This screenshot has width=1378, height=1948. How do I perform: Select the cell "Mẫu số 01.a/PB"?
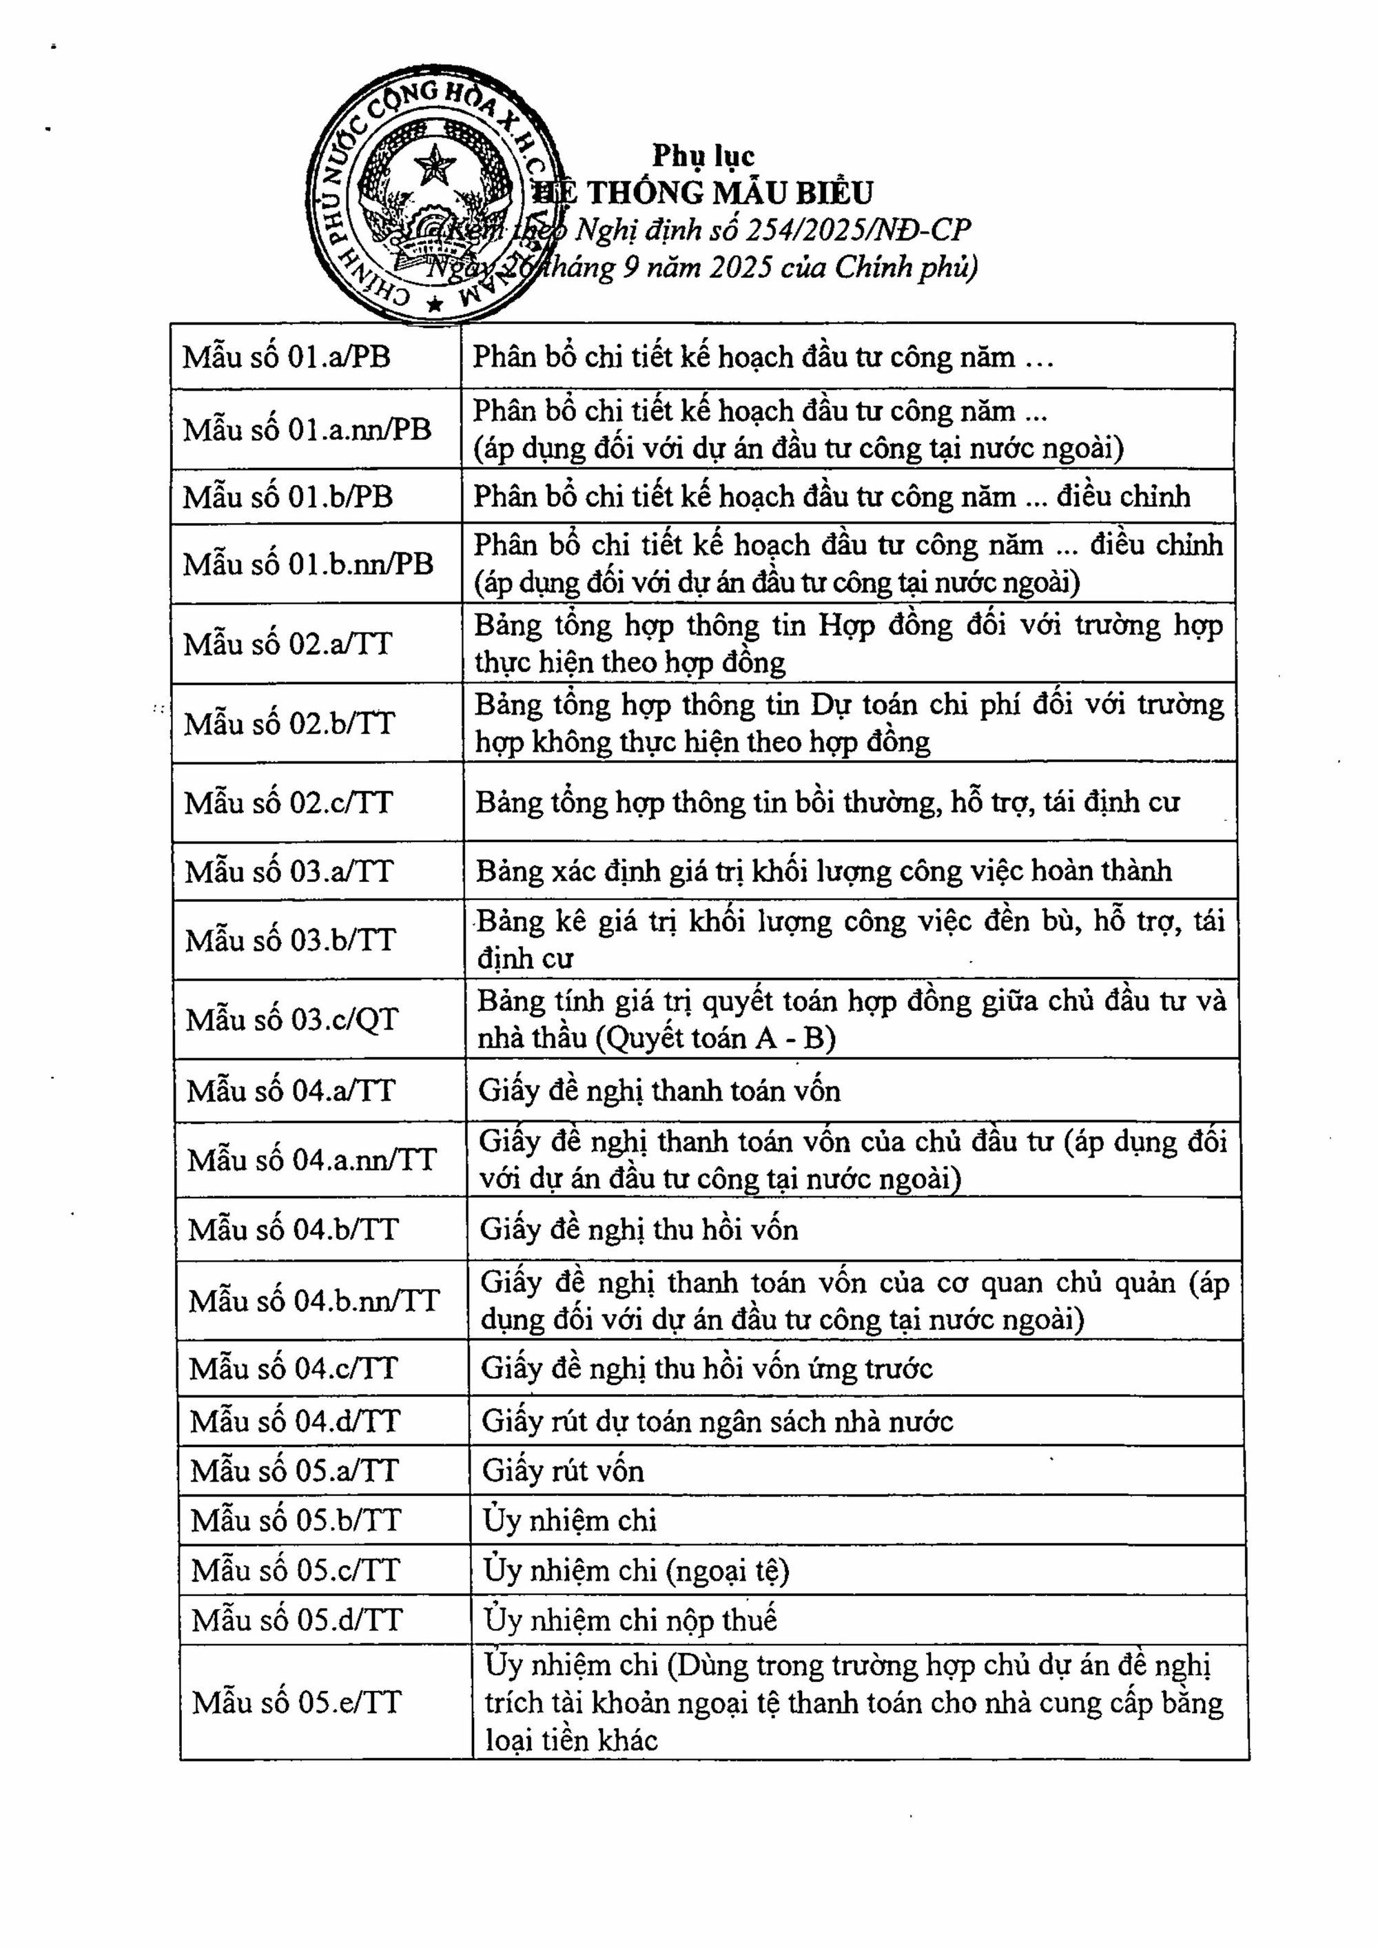point(287,356)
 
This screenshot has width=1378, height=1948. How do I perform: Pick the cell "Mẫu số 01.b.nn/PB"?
point(308,564)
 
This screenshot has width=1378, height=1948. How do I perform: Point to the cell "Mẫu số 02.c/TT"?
point(289,803)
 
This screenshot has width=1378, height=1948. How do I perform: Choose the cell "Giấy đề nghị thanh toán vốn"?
point(659,1091)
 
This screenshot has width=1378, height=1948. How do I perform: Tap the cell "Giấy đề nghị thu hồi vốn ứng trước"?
point(707,1368)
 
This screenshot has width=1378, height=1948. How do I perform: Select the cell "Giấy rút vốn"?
point(563,1470)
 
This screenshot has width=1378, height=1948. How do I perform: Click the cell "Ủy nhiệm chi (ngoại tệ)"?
point(637,1570)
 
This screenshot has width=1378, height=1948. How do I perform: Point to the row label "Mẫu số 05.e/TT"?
point(296,1702)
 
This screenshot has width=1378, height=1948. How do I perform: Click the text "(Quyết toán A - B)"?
point(715,1038)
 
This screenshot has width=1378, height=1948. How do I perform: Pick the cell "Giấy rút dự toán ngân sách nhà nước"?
point(717,1421)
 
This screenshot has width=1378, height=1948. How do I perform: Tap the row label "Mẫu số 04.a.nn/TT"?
point(311,1160)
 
